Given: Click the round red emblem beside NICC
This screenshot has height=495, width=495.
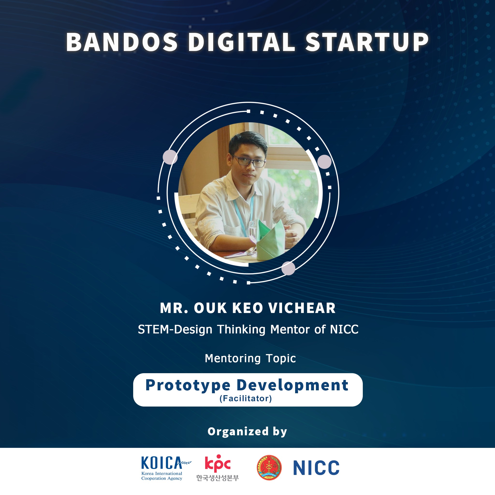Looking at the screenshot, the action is tap(269, 468).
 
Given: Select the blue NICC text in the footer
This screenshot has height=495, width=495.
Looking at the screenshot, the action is tap(316, 468).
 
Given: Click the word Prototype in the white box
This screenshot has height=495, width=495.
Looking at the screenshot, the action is tap(188, 386).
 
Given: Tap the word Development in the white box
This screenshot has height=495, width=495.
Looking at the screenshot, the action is tap(293, 386).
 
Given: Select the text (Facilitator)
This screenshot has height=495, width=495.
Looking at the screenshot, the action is tap(246, 398).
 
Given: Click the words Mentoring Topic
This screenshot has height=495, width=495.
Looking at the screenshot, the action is tap(250, 358).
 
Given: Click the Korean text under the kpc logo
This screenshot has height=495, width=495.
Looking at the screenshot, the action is tap(218, 478).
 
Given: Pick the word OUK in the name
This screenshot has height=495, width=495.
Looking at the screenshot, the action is tap(210, 308).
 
